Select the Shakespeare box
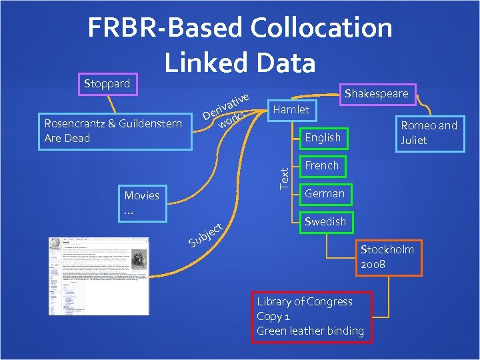click(375, 93)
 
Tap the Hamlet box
click(292, 109)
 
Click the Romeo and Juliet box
click(428, 133)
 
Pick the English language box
click(322, 137)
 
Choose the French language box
click(321, 165)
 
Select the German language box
click(324, 193)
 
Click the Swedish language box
click(324, 221)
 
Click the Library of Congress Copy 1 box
click(311, 317)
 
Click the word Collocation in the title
click(322, 27)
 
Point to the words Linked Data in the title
click(239, 61)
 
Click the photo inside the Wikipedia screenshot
click(139, 261)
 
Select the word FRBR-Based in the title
click(164, 27)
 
